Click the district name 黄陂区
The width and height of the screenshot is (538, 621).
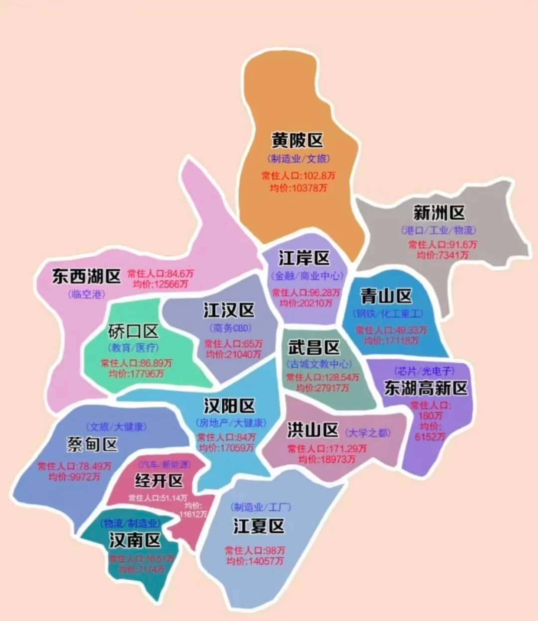[297, 140]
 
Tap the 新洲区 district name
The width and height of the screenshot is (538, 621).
[439, 213]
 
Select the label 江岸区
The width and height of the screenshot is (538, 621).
[304, 258]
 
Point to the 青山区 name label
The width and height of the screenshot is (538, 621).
[386, 296]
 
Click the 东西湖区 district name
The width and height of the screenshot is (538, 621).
[87, 276]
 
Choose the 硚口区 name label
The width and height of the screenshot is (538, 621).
[133, 331]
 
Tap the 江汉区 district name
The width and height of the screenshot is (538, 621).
[229, 310]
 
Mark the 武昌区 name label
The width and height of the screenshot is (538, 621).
[314, 347]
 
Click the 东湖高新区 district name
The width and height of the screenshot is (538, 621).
[426, 388]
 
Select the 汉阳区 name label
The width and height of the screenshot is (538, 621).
[229, 406]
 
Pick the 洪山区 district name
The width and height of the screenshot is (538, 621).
[313, 430]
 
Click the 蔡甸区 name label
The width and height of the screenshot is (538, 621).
[92, 444]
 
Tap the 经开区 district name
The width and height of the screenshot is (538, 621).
[159, 481]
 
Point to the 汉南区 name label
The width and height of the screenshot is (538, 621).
[135, 540]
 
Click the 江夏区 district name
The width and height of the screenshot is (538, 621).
[259, 525]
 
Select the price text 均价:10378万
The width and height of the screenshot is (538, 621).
[298, 188]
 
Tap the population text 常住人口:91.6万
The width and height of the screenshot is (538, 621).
[442, 244]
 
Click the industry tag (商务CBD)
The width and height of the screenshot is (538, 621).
[230, 328]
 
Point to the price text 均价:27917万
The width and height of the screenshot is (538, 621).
[322, 388]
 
